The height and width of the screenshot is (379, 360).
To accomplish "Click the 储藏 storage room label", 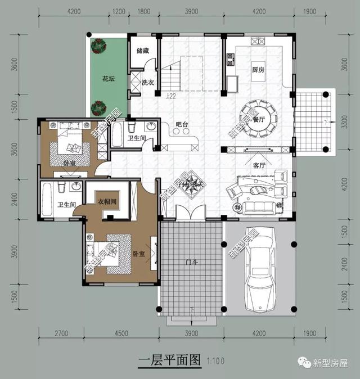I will tap(143, 51).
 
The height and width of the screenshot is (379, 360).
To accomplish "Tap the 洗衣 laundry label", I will tap(148, 83).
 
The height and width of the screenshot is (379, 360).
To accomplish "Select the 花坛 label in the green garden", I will tap(109, 79).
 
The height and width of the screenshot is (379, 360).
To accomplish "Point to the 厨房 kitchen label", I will tap(259, 69).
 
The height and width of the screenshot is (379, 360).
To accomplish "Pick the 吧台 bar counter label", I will tap(181, 124).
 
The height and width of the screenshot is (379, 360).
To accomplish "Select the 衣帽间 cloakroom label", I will tap(107, 201).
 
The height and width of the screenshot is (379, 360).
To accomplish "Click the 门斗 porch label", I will tap(191, 261).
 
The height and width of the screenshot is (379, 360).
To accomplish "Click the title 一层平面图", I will tap(169, 360).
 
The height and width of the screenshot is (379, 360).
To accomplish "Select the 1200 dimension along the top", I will tap(119, 11).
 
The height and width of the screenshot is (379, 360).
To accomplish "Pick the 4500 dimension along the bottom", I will tap(121, 333).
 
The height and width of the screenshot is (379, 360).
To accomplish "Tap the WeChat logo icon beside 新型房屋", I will tap(307, 364).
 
